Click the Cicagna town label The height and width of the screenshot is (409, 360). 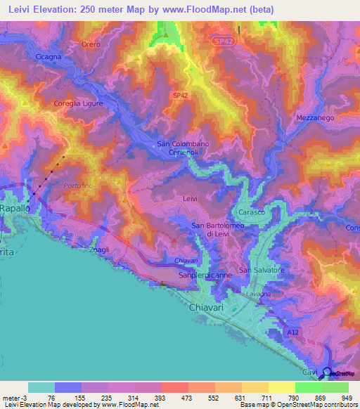point(49,56)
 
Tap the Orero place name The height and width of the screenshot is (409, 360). point(91,44)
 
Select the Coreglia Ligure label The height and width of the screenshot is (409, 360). point(79,103)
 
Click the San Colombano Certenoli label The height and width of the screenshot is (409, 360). point(183,148)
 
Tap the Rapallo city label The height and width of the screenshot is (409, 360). point(15,209)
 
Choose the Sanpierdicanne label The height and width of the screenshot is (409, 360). point(205,276)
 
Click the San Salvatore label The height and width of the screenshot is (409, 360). point(262,270)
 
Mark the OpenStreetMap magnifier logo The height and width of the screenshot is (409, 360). point(326,373)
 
